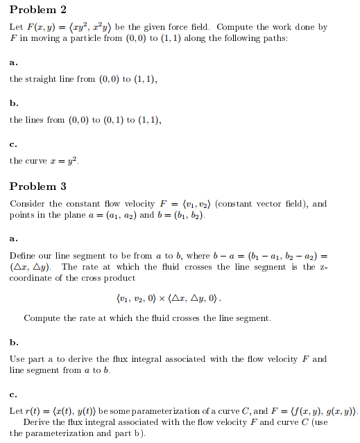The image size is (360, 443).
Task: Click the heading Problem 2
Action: [x=38, y=10]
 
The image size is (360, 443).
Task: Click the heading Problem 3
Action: [x=38, y=186]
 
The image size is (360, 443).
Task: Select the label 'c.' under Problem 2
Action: [x=13, y=144]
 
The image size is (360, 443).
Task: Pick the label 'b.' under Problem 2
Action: [x=13, y=103]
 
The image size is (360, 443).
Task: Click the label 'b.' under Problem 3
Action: [x=13, y=342]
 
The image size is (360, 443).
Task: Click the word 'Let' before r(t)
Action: [x=16, y=411]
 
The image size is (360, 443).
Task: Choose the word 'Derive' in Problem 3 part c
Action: [x=37, y=422]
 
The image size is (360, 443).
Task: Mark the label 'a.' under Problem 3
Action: [x=13, y=239]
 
